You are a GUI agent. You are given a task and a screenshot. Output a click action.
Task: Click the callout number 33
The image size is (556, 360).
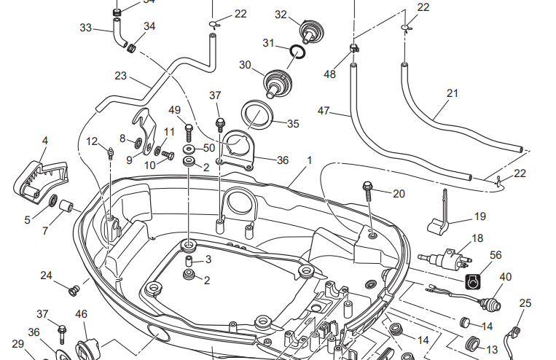click(86, 28)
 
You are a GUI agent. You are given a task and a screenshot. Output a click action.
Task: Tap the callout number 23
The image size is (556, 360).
click(121, 75)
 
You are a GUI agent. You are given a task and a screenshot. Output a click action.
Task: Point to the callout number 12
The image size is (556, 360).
click(92, 141)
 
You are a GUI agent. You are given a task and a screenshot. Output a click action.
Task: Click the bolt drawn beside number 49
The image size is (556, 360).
click(189, 131)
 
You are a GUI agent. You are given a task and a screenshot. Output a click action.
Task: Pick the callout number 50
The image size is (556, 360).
click(209, 148)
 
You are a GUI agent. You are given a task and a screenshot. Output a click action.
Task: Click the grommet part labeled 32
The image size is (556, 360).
click(310, 31)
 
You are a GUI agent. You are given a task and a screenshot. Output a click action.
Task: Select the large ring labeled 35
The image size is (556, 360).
click(256, 115)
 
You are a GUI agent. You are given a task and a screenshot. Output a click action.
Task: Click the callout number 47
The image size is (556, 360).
click(324, 111)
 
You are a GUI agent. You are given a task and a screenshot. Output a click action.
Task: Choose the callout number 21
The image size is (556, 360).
click(453, 93)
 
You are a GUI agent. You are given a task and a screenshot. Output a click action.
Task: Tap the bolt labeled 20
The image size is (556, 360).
click(368, 192)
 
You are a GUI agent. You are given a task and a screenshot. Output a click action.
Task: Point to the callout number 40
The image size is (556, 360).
click(506, 277)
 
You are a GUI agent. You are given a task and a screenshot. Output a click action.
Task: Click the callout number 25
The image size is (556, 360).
click(525, 302)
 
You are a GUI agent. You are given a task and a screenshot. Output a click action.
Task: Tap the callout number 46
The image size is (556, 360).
click(82, 314)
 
